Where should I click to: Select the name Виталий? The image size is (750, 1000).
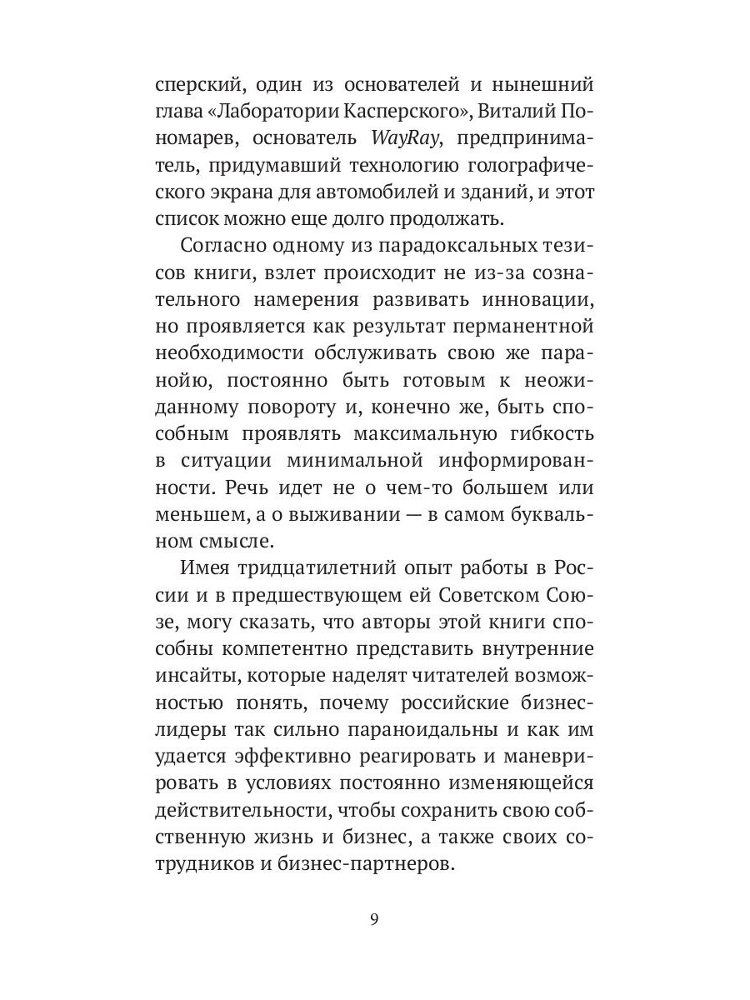[507, 112]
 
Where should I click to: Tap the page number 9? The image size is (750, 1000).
[374, 920]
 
